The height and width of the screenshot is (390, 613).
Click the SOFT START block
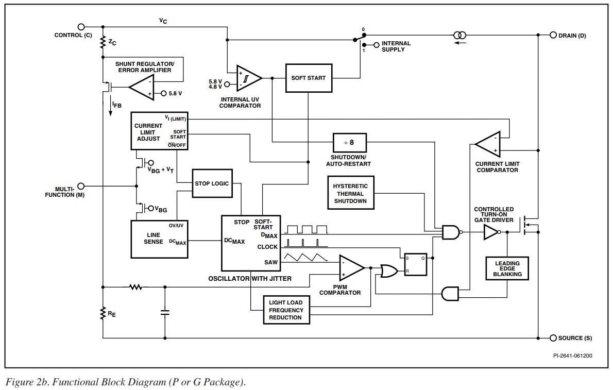pos(309,78)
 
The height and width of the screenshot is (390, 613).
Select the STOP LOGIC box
pos(212,183)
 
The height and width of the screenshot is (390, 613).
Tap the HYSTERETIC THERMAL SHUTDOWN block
pos(350,193)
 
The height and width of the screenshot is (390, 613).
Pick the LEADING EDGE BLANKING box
pos(507,268)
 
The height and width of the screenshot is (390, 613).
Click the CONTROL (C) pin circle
pos(80,27)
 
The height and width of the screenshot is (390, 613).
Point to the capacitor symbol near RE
pos(165,312)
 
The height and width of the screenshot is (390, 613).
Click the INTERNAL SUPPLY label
pos(396,46)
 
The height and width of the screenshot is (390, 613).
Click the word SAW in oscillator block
pos(271,262)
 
